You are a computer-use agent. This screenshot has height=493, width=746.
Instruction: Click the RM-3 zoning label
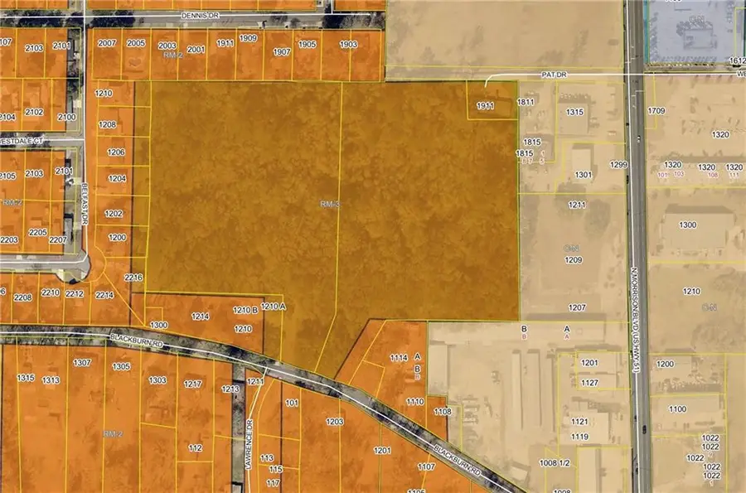330,204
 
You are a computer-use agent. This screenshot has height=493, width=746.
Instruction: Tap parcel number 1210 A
273,307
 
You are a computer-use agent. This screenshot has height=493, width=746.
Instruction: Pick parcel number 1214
200,317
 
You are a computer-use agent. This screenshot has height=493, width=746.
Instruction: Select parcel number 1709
656,110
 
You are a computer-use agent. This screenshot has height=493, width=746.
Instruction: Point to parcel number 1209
574,260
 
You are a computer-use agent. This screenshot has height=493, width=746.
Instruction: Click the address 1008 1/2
554,463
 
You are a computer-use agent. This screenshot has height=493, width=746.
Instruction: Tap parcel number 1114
399,358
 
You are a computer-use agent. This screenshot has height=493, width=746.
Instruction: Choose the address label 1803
348,44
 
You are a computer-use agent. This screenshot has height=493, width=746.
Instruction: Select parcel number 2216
133,278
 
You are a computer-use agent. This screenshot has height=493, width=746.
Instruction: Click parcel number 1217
193,384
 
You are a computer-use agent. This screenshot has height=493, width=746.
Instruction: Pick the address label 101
291,404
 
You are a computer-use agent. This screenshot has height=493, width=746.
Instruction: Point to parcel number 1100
677,409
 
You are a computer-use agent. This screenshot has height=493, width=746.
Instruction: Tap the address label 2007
106,43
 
